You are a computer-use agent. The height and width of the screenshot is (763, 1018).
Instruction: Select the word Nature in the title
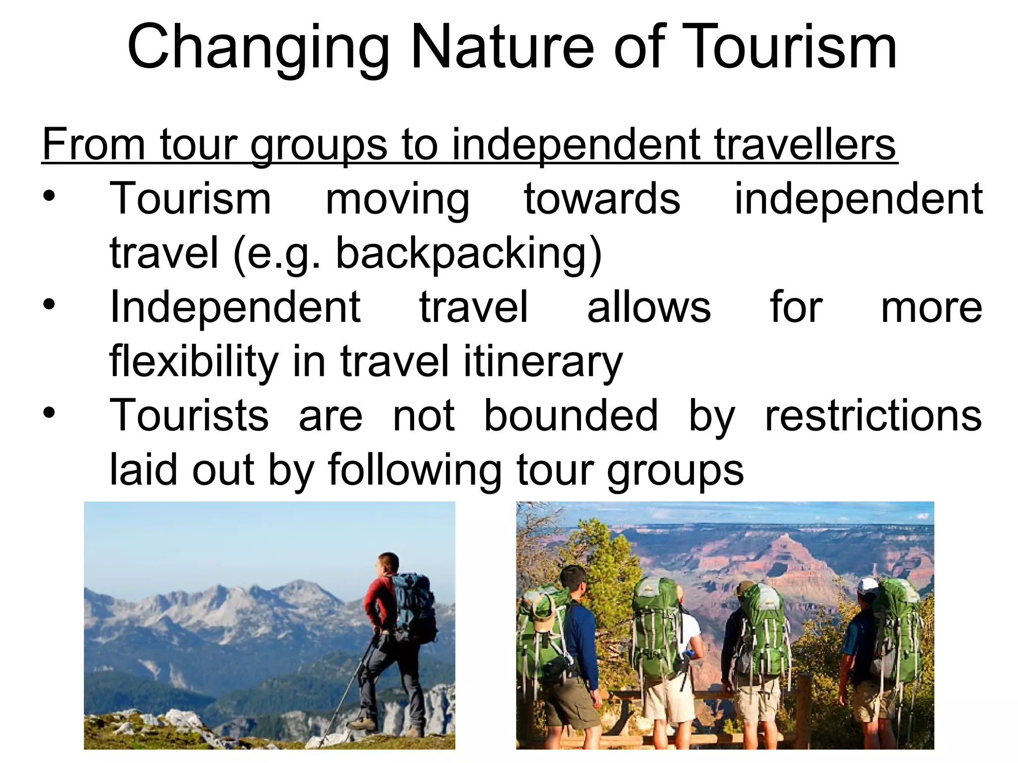point(502,48)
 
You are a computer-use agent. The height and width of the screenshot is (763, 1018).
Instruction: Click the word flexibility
point(194,362)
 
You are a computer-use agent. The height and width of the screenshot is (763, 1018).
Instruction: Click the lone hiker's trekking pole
point(348,690)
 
